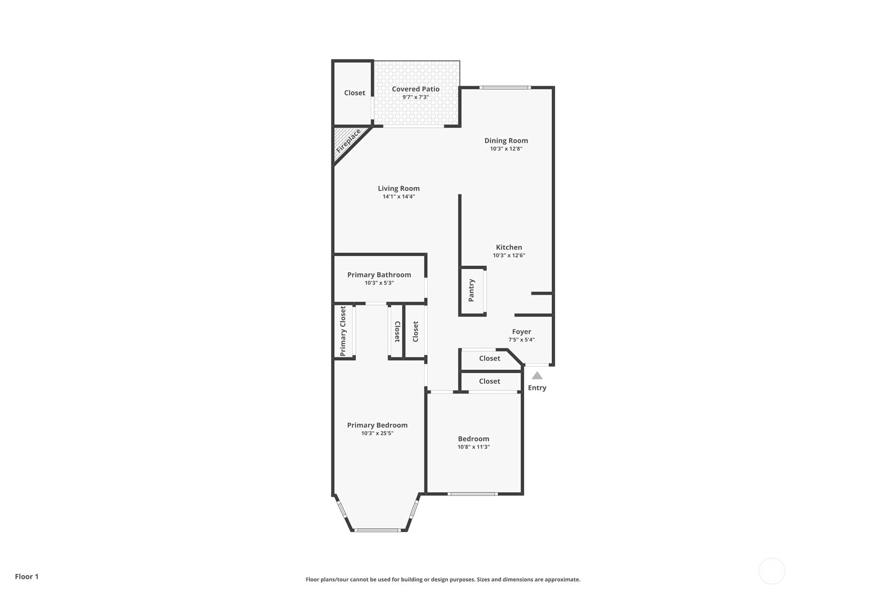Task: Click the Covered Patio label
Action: [x=416, y=89]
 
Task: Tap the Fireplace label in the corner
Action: [x=348, y=141]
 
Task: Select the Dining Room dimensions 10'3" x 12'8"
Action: [x=506, y=149]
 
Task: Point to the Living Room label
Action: [x=399, y=189]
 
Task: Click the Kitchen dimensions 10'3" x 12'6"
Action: [x=509, y=256]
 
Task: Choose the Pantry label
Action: [x=471, y=290]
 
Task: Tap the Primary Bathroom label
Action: [x=380, y=275]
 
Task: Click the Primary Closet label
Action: [x=343, y=331]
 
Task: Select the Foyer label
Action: [x=522, y=332]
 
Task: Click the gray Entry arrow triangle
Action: [x=537, y=376]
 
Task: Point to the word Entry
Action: [x=537, y=388]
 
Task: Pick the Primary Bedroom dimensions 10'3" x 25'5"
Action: [x=377, y=433]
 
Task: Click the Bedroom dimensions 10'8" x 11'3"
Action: [x=474, y=447]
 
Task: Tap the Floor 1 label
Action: [x=27, y=576]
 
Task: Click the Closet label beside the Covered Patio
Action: [x=355, y=92]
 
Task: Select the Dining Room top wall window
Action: [x=505, y=87]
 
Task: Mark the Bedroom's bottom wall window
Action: [x=472, y=494]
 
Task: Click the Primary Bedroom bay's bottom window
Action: [x=377, y=530]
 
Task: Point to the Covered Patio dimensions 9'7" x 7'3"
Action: [x=416, y=97]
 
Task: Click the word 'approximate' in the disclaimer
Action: [x=562, y=580]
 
